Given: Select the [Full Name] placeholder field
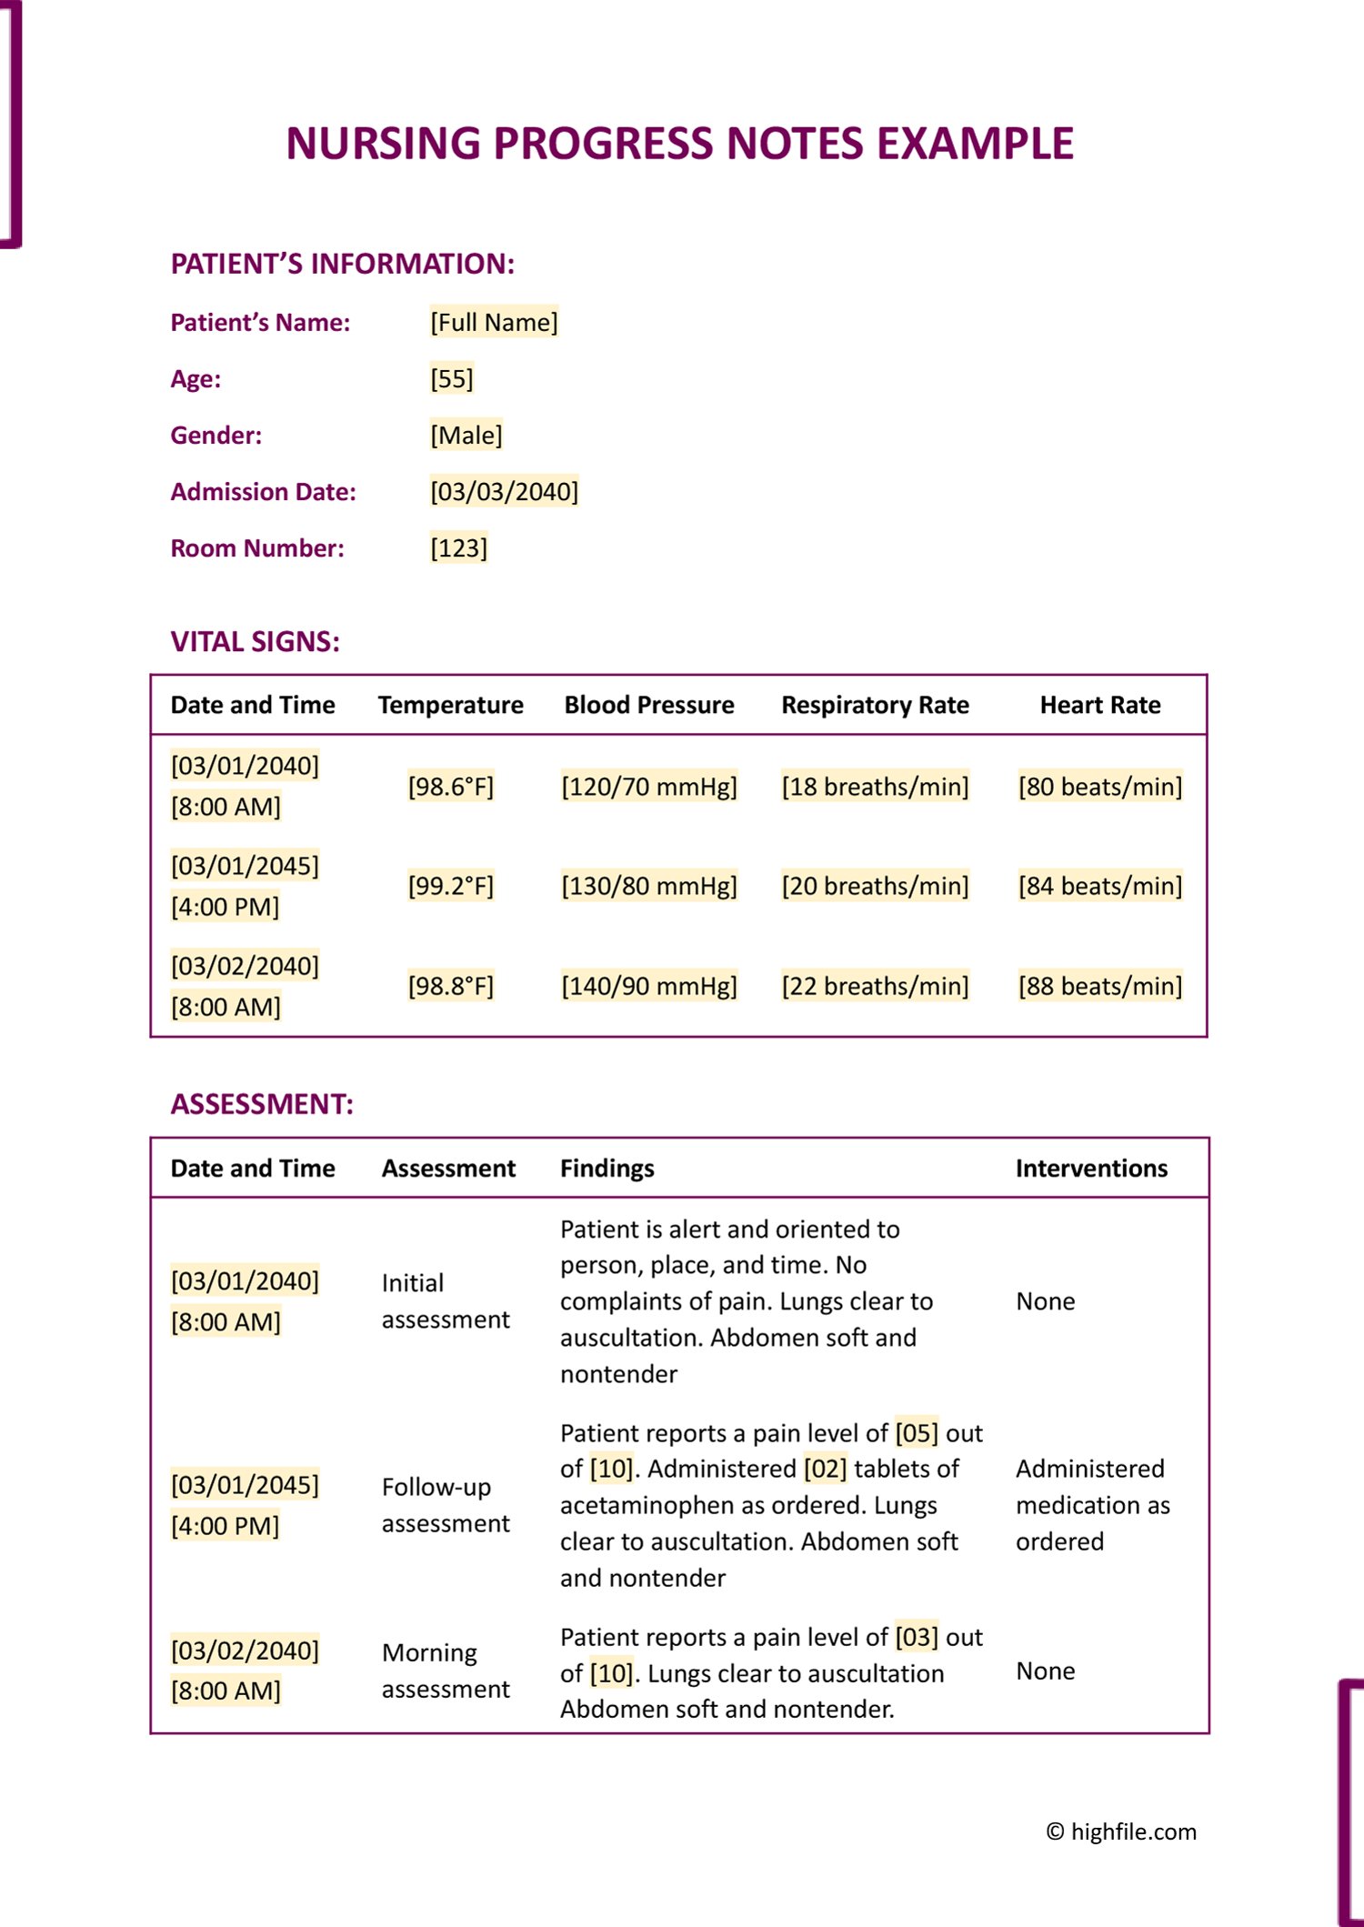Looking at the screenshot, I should pos(494,322).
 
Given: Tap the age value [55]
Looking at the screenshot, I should pos(452,378).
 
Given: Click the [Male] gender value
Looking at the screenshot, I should pos(466,435).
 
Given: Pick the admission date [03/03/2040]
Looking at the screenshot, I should pos(505,492).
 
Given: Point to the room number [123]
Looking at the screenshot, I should pos(459,548).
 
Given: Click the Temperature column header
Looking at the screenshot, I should pos(450,705).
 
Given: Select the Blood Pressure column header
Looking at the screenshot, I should pos(649,705).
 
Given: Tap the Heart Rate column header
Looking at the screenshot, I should pos(1100,705).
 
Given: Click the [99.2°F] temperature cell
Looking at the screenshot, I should pos(451,886).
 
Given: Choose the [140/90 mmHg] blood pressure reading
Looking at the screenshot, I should pos(649,986).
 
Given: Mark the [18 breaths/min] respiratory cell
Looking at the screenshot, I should pos(876,787).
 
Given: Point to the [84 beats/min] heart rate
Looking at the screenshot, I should pos(1100,886).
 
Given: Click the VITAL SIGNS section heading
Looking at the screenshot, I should pos(256,642).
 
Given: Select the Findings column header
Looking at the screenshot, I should pos(607,1169).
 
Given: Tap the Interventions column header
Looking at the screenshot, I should pos(1091,1169).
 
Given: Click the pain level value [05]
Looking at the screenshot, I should pos(917,1433).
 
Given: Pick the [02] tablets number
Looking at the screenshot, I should pos(825,1469).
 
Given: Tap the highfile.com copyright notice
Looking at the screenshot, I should pos(1121,1832).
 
